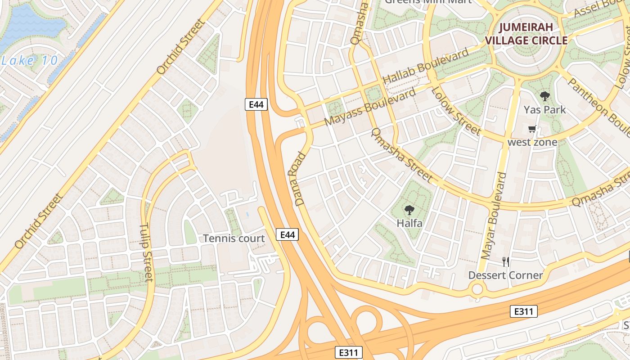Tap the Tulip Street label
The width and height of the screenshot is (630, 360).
tap(147, 252)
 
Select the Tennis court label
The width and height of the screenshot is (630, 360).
tap(234, 238)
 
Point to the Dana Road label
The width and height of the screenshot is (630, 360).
tap(301, 180)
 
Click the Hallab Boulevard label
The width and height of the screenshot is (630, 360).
tap(425, 65)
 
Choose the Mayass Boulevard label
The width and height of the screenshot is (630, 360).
tap(370, 108)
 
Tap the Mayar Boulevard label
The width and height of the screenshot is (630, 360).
tap(494, 216)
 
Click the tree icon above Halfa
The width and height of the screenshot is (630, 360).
tap(409, 210)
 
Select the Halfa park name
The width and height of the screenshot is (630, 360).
tap(409, 223)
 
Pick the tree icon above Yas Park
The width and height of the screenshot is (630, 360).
tap(544, 96)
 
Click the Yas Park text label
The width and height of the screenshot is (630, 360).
tap(544, 110)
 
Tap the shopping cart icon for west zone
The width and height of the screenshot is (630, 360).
tap(532, 130)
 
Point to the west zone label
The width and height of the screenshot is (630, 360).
tap(532, 142)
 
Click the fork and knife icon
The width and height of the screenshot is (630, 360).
tap(506, 261)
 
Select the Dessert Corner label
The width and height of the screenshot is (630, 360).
tap(506, 275)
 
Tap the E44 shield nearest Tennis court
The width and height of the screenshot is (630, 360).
tap(287, 234)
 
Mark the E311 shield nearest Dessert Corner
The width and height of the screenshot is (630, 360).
tap(524, 311)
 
